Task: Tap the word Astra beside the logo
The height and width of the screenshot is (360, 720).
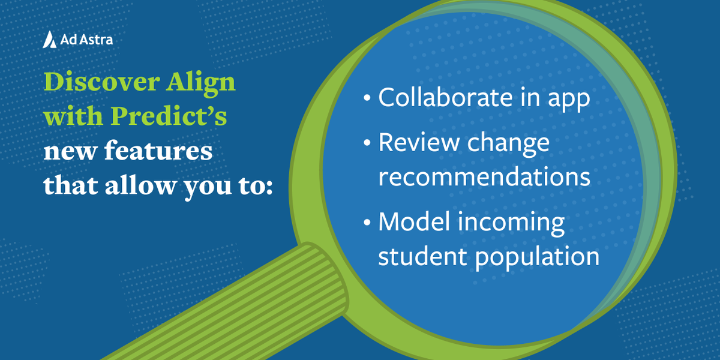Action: coord(96,40)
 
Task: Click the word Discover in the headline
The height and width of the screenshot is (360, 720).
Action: coord(96,83)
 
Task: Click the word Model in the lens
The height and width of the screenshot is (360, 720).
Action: coord(414,222)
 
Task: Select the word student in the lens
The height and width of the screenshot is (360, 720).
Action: coord(423,257)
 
